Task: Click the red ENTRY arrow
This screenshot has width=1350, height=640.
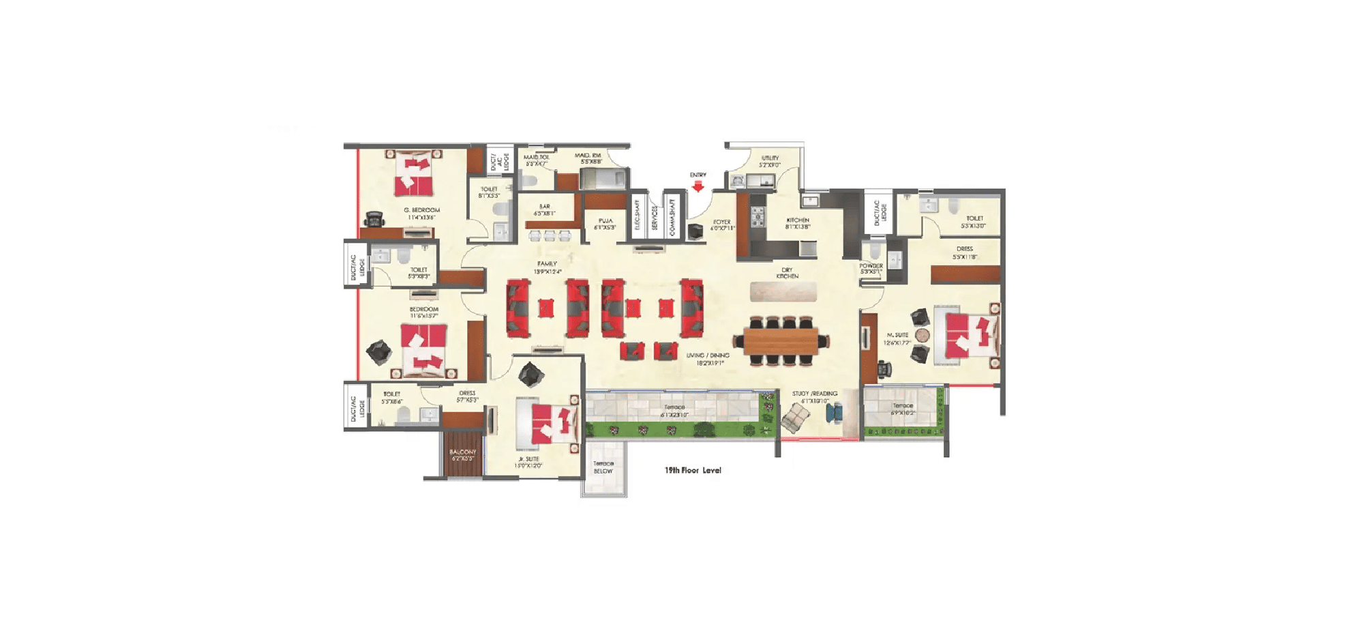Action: click(697, 186)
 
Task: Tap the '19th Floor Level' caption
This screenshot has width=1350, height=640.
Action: click(693, 470)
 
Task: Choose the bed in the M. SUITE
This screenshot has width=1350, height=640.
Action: click(969, 336)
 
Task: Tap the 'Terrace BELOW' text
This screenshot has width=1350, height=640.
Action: click(603, 467)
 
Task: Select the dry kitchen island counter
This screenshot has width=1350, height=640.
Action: click(783, 292)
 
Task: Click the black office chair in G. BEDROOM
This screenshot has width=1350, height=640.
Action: click(374, 219)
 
